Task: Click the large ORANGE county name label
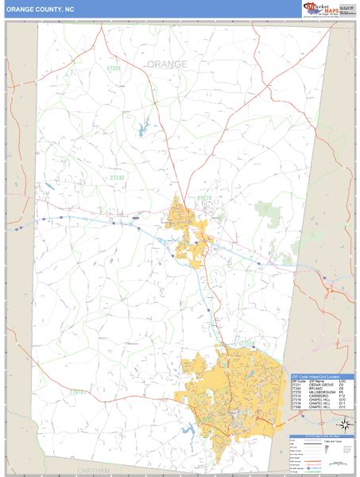point(167,64)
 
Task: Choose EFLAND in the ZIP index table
point(311,390)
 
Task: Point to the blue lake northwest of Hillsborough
point(145,126)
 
